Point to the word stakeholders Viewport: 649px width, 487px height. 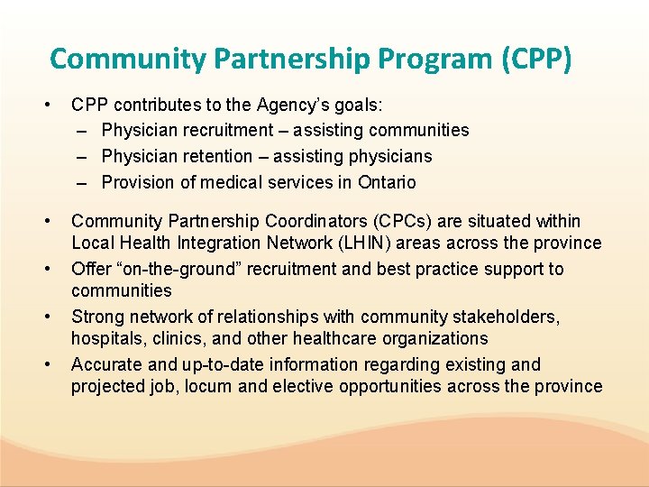pyautogui.click(x=505, y=317)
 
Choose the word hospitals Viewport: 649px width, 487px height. pyautogui.click(x=106, y=338)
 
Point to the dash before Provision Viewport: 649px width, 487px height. pyautogui.click(x=81, y=182)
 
